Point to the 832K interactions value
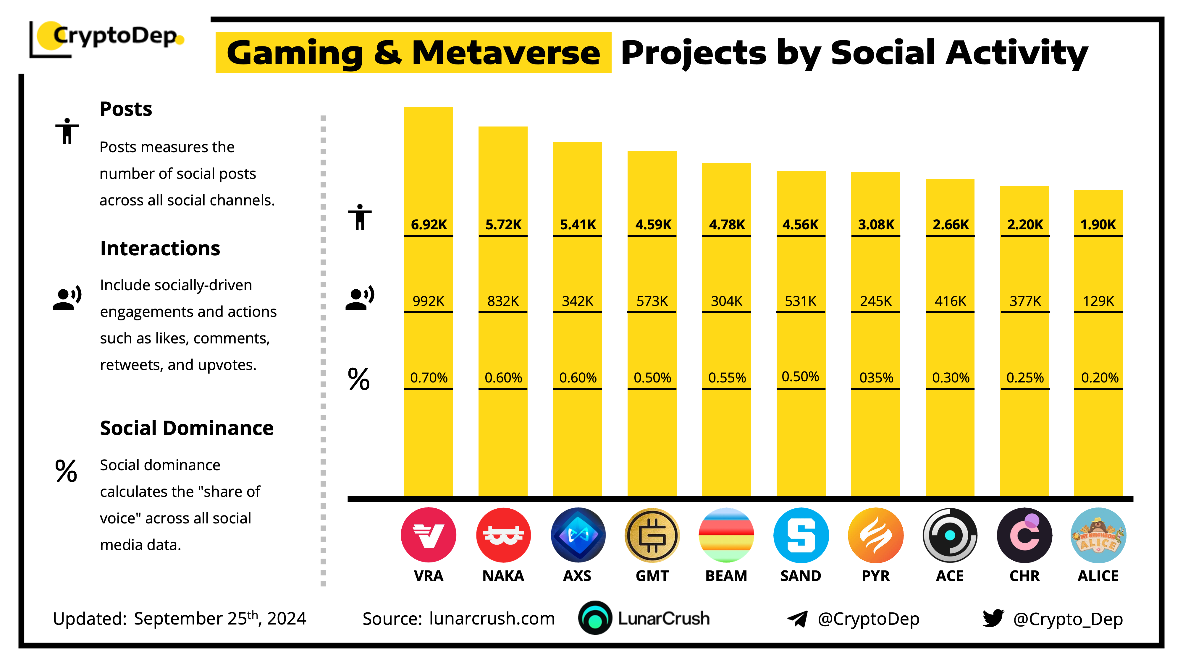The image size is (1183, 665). coord(503,301)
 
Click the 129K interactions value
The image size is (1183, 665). coord(1098,301)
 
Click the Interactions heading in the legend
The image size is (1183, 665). coord(160,248)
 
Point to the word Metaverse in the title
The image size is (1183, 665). coord(506,53)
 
